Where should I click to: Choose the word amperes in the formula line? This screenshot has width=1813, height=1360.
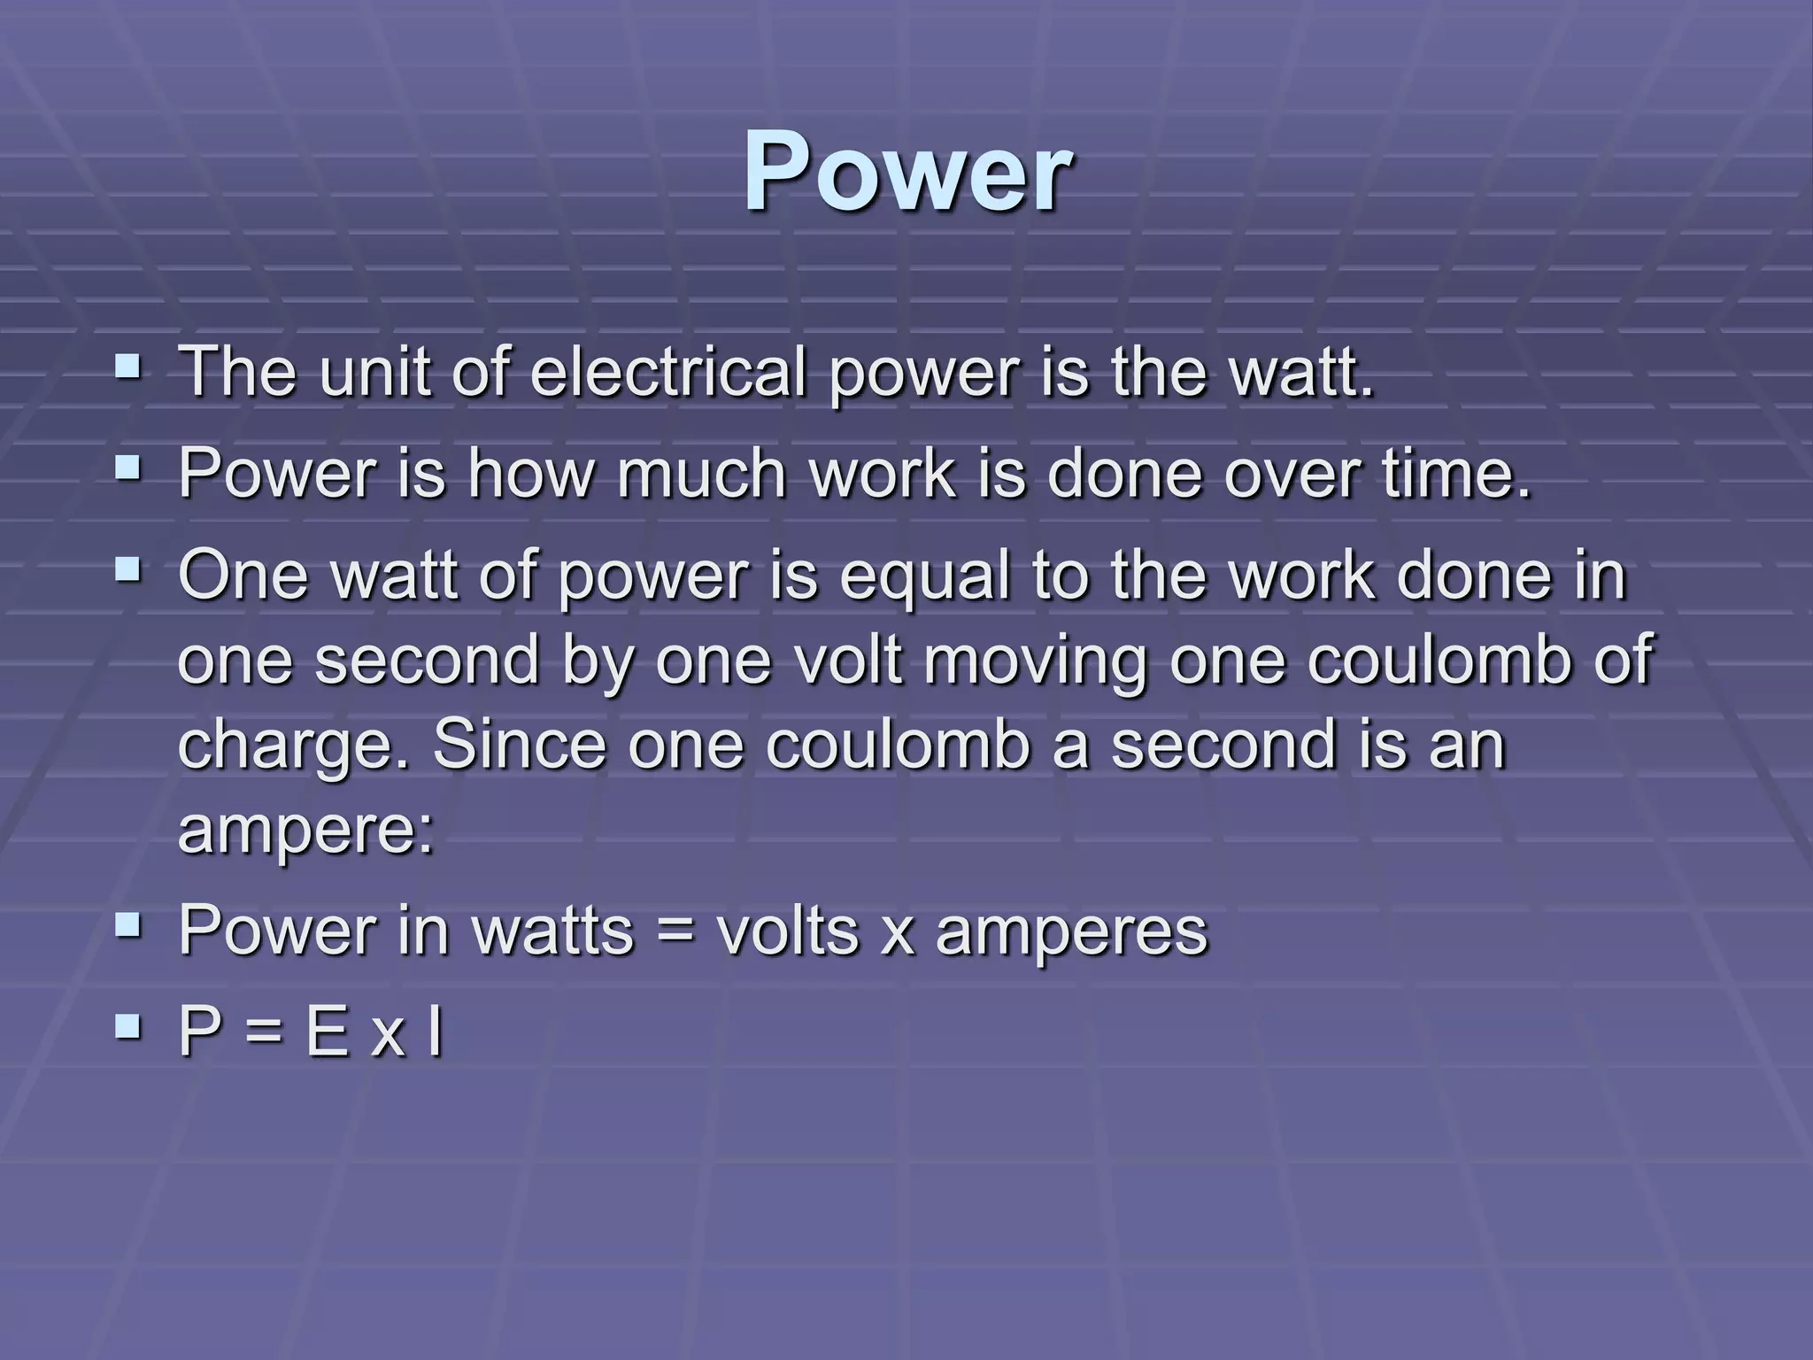1071,931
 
